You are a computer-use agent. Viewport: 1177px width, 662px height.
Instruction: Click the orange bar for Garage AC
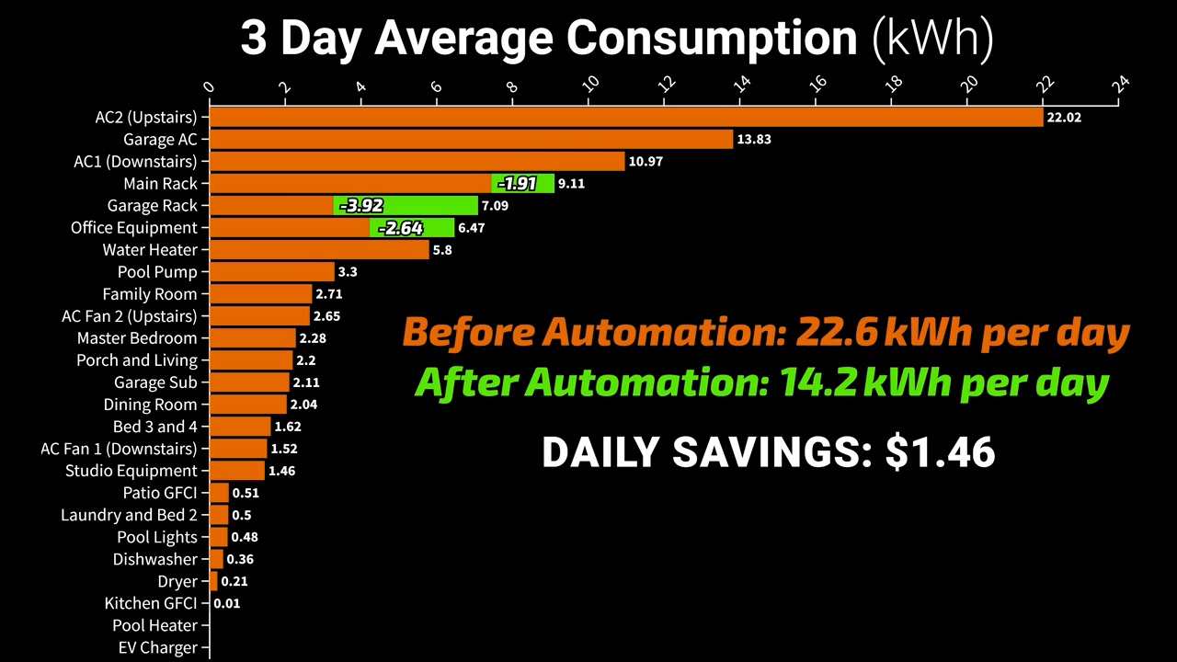click(471, 139)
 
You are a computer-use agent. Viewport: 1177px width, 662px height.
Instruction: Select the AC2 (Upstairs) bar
click(625, 117)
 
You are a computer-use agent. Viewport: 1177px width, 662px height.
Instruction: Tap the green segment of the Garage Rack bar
click(406, 205)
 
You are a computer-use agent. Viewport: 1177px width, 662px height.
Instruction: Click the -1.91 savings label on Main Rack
click(517, 183)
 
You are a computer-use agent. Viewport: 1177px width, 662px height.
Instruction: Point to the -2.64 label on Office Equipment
click(401, 227)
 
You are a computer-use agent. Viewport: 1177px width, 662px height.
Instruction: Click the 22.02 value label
click(1063, 118)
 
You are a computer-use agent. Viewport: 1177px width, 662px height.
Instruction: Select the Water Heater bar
click(319, 249)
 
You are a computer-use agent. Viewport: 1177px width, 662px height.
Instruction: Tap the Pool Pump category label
click(157, 272)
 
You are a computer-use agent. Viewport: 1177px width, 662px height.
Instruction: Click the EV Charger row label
click(157, 647)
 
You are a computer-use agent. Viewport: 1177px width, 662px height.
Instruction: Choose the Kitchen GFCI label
click(151, 603)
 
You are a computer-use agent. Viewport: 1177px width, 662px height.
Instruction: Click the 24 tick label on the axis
click(1120, 83)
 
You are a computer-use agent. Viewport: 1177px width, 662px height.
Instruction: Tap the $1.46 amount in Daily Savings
click(940, 452)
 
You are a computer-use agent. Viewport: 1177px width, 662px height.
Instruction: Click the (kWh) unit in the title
click(933, 39)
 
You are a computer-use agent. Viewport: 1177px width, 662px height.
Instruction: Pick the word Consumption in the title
click(711, 39)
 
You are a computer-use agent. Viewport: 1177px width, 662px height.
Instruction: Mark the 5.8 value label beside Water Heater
click(443, 250)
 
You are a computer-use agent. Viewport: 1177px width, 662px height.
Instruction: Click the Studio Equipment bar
click(237, 470)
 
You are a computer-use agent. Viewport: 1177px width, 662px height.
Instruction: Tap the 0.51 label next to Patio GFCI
click(246, 493)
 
